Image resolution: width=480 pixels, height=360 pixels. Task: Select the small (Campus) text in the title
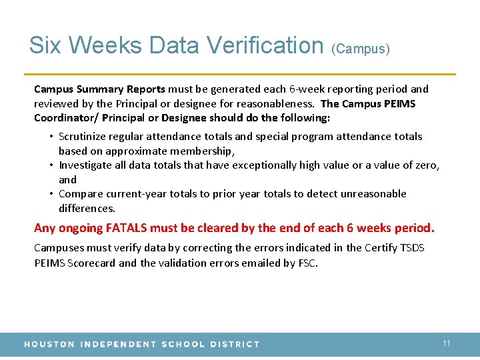click(360, 49)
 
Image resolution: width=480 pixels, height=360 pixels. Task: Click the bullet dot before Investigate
click(51, 165)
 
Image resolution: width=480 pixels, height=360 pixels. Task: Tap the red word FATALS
click(126, 228)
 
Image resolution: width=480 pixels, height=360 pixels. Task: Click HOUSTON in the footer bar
click(49, 344)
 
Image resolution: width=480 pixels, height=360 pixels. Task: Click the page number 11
click(447, 343)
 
